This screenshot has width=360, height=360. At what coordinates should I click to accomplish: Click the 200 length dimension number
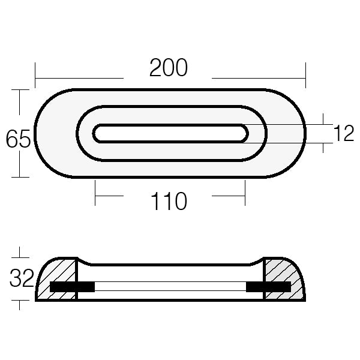[169, 68]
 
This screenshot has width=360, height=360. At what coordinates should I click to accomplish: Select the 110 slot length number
[169, 202]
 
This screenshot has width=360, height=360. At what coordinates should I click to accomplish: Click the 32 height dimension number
[21, 278]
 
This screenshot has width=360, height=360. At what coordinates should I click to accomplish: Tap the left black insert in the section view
[72, 287]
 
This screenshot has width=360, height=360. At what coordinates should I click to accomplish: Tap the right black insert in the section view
[268, 287]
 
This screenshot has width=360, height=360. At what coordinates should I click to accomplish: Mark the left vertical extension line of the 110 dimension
[95, 193]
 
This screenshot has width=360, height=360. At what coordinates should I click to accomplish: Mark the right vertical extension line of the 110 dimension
[245, 193]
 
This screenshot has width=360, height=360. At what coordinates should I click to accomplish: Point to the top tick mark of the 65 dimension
[20, 89]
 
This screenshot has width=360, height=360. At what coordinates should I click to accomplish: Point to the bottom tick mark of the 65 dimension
[20, 177]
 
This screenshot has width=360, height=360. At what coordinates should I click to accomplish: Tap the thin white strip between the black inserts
[170, 287]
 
